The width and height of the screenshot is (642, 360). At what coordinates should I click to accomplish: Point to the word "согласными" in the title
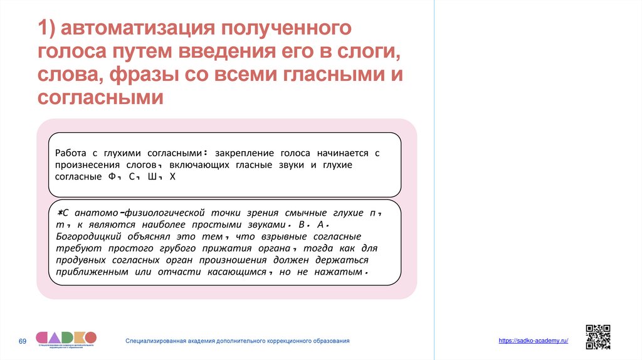(100, 98)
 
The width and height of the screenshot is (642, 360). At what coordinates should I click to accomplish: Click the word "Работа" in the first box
(71, 153)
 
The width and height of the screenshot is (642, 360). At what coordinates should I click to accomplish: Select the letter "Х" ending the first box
(173, 177)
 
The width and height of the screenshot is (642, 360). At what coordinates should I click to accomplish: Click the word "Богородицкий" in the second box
(87, 236)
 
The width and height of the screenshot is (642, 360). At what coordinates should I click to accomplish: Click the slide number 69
(23, 341)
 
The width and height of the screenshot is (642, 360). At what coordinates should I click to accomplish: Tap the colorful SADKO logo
(66, 338)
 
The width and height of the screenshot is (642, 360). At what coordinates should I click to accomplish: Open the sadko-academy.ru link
(534, 340)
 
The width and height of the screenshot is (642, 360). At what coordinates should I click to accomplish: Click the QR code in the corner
(597, 337)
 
